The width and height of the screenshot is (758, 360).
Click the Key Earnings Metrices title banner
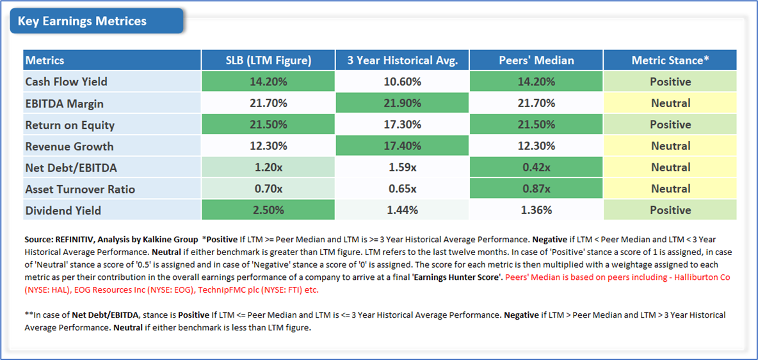[96, 21]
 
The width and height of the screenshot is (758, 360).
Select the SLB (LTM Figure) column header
[268, 60]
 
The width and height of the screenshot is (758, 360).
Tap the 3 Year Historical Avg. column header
[402, 60]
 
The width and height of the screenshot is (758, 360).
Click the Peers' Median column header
[536, 60]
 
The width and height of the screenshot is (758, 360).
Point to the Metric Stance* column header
[670, 60]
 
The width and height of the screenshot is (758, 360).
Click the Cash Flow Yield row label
[66, 81]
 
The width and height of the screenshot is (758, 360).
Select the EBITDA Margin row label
[64, 103]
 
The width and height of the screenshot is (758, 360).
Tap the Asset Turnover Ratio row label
[80, 189]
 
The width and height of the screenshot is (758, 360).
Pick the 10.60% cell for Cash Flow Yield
[402, 81]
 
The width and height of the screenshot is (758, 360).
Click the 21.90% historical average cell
[402, 103]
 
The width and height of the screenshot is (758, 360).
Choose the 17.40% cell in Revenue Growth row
[402, 146]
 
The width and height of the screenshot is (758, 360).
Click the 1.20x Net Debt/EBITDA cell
[268, 167]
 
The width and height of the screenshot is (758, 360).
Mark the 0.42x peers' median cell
[536, 167]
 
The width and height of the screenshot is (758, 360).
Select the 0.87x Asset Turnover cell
[536, 189]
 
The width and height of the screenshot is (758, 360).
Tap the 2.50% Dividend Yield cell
[268, 210]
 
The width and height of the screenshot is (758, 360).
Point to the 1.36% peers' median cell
[536, 210]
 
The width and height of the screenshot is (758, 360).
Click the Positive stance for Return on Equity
[670, 124]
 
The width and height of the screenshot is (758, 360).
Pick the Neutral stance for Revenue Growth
[670, 146]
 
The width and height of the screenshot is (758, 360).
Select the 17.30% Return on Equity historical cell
[402, 124]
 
